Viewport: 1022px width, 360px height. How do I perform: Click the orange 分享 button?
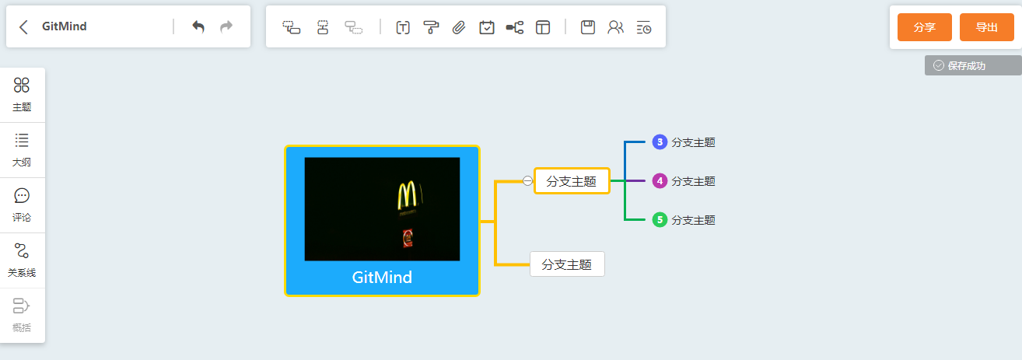924,27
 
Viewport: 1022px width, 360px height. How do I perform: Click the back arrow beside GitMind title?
24,27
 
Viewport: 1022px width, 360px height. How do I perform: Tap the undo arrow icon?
198,27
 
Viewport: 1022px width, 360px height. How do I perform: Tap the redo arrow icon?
226,27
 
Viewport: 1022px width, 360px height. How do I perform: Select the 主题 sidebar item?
22,94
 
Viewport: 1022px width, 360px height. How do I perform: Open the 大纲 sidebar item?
22,150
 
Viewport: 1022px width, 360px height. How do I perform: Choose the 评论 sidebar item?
22,205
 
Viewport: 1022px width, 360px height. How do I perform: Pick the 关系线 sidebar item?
22,260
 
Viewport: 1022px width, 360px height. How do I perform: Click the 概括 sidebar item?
22,315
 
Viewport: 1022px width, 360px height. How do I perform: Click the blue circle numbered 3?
660,142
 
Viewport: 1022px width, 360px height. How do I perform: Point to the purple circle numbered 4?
660,180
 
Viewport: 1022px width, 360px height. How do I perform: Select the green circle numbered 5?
660,220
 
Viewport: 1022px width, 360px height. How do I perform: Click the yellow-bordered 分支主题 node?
572,181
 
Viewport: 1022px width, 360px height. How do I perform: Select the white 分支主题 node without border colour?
567,264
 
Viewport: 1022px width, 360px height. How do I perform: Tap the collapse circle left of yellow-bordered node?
527,181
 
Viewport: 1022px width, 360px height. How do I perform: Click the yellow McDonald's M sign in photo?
407,196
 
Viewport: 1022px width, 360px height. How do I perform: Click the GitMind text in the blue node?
382,278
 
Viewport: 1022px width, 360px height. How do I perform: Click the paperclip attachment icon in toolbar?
459,27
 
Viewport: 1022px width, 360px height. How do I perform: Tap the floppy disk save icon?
588,27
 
